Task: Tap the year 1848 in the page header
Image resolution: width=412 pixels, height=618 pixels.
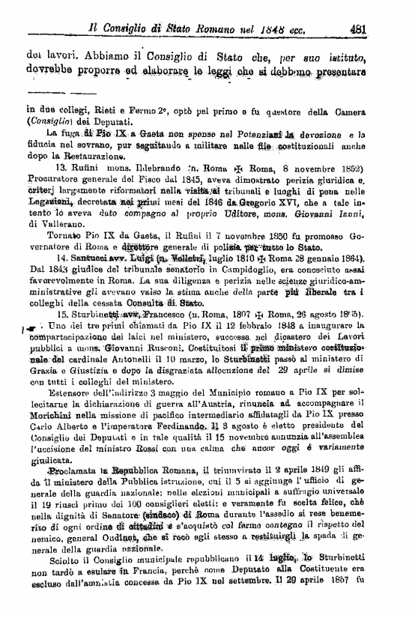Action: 261,30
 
